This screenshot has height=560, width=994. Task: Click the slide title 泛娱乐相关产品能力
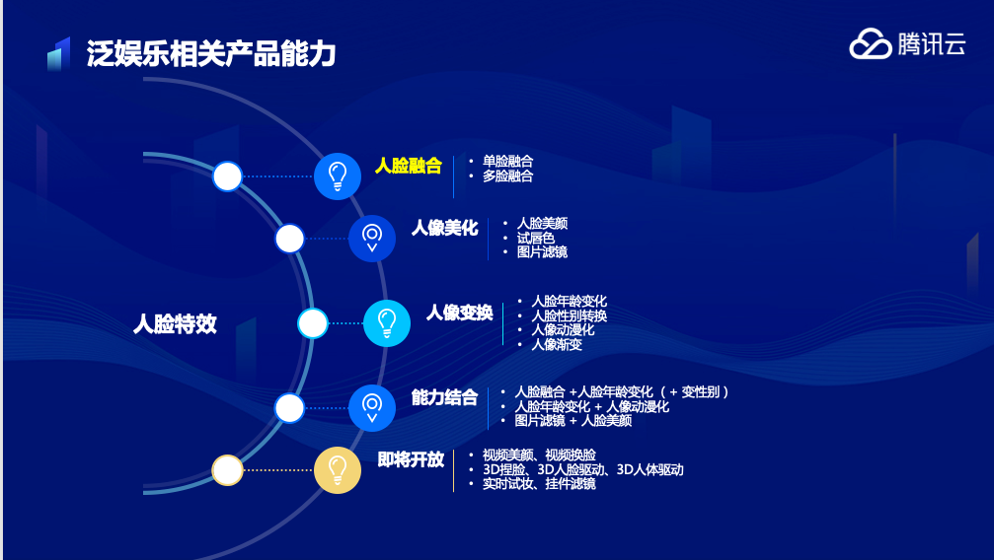pos(211,53)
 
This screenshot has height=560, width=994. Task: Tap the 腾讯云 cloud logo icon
pos(870,43)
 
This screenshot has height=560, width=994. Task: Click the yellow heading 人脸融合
pos(408,166)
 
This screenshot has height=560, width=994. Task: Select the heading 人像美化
pos(444,228)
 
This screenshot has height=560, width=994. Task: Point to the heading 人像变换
pos(459,313)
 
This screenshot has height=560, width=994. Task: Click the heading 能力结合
pos(444,397)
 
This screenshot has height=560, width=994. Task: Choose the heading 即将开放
pos(411,459)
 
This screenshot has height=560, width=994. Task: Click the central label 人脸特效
pos(175,323)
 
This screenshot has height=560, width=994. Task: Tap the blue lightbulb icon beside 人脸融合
pos(338,176)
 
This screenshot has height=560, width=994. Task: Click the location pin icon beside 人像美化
pos(372,238)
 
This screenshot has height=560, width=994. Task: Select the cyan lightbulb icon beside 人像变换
pos(387,322)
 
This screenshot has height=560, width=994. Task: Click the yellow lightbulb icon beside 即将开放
pos(338,469)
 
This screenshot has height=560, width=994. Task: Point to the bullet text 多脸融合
pos(507,176)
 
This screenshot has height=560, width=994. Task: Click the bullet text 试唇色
pos(535,238)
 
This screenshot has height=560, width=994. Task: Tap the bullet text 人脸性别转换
pos(569,315)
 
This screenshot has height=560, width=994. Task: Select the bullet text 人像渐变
pos(557,344)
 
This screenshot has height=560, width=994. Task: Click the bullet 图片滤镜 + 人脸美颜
pos(573,421)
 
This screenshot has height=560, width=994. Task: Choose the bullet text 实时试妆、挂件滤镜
pos(539,484)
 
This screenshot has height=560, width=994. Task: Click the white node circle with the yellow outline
pos(228,470)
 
